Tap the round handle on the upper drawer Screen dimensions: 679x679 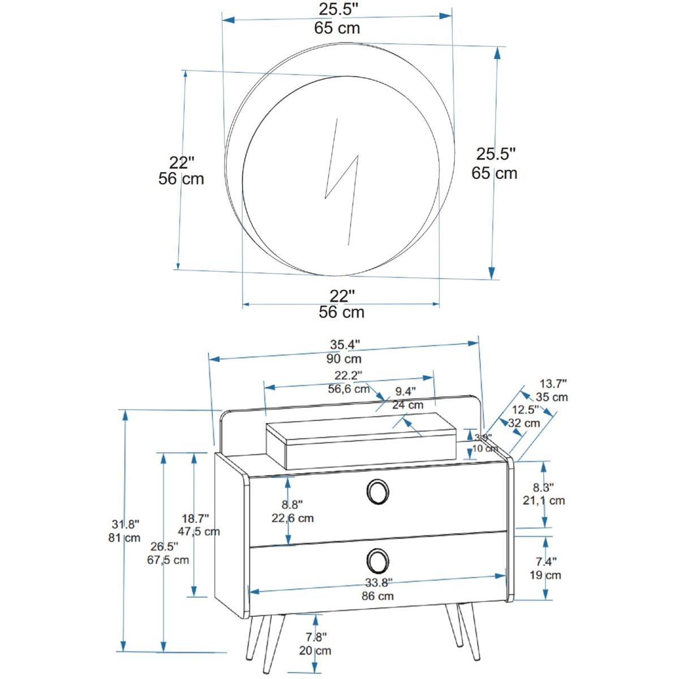[378, 491]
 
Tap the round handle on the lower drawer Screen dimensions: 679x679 [378, 560]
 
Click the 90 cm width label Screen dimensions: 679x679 [344, 359]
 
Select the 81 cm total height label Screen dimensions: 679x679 [124, 538]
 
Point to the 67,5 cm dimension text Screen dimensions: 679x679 [167, 560]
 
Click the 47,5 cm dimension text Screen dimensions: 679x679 [199, 532]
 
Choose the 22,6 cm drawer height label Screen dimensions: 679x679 [293, 518]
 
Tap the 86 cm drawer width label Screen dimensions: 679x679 [377, 596]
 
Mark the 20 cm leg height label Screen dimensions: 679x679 [315, 650]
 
